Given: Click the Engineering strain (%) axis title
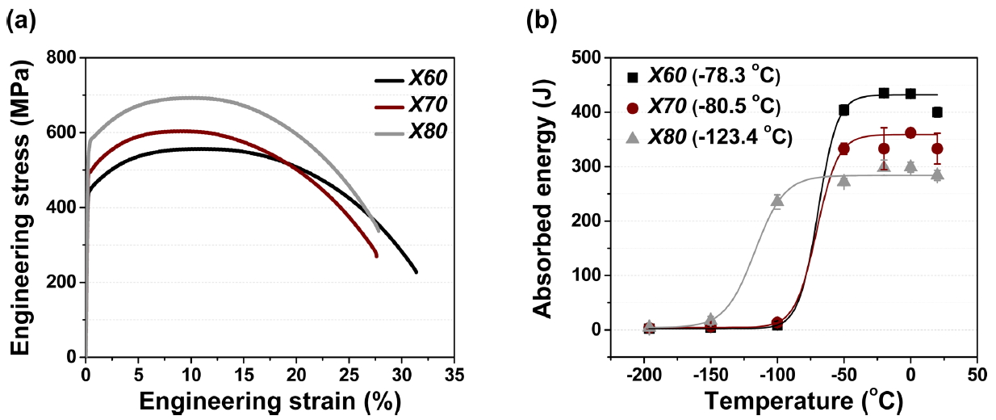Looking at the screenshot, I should pyautogui.click(x=270, y=401).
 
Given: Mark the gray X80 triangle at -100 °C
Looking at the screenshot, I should pyautogui.click(x=777, y=200).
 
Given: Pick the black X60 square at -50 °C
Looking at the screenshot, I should pyautogui.click(x=844, y=110).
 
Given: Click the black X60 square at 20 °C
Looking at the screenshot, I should pyautogui.click(x=937, y=112).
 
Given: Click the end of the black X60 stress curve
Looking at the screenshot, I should pyautogui.click(x=416, y=272).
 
